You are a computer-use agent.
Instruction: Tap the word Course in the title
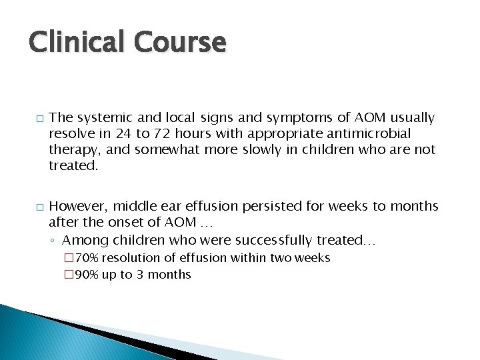point(179,43)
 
